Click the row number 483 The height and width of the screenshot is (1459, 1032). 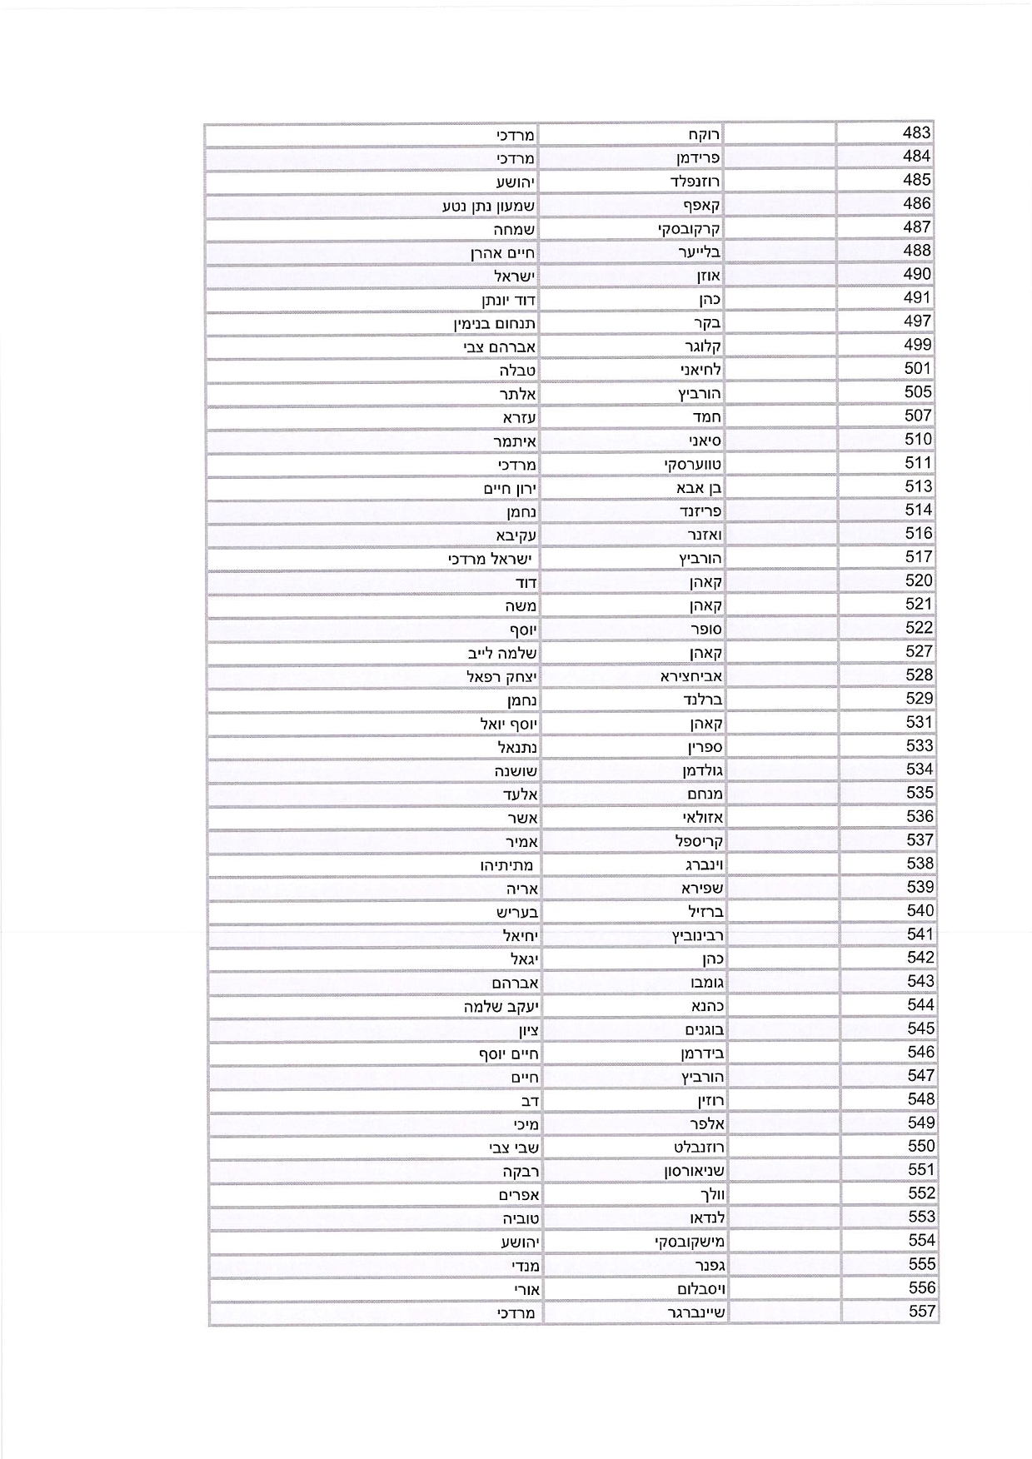pyautogui.click(x=916, y=133)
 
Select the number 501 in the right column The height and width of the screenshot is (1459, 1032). pyautogui.click(x=917, y=369)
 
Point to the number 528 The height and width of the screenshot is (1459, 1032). pyautogui.click(x=920, y=675)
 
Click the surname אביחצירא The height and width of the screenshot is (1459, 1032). pyautogui.click(x=691, y=676)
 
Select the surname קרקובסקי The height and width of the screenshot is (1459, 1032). pyautogui.click(x=689, y=228)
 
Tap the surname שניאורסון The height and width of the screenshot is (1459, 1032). pyautogui.click(x=694, y=1171)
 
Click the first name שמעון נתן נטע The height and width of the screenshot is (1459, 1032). pyautogui.click(x=489, y=205)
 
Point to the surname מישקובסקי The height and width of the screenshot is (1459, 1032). pyautogui.click(x=690, y=1242)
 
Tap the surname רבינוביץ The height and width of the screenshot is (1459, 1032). pyautogui.click(x=698, y=935)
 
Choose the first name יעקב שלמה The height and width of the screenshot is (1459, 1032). pyautogui.click(x=501, y=1006)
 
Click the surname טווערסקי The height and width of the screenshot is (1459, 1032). pyautogui.click(x=693, y=464)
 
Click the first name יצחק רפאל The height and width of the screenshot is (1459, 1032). pyautogui.click(x=501, y=676)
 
